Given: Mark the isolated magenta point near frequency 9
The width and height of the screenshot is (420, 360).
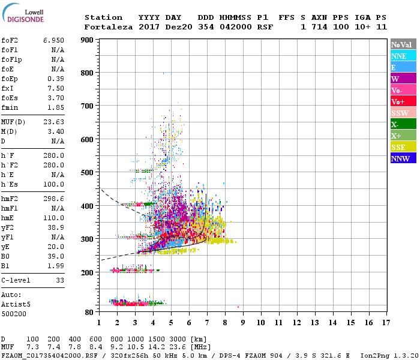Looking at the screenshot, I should (x=238, y=307).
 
